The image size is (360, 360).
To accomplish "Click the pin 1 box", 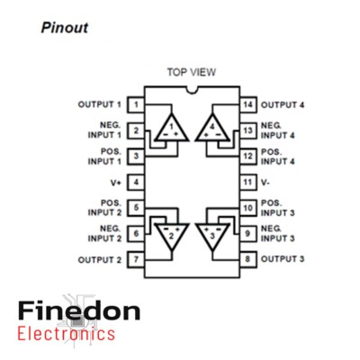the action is coord(136,104).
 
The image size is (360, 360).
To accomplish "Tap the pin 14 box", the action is coord(248,104).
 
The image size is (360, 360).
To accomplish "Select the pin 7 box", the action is coord(136,259).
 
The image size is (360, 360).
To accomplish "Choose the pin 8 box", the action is coord(248,259).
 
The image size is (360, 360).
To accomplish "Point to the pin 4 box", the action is coord(136,182).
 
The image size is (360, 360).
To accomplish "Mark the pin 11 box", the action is coord(248,182).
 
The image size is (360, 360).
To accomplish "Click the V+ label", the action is coord(116,183).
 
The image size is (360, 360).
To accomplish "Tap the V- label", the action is coord(265,183).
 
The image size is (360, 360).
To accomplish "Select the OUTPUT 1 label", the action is coord(100,104).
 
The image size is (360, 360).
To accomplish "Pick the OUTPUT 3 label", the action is coord(283,259).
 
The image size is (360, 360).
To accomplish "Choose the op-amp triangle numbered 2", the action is coord(172,237).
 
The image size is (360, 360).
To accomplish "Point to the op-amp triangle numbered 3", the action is coord(212,237).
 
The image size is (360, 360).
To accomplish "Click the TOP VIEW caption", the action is coord(192,72).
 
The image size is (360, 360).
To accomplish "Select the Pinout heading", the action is coord(65,28).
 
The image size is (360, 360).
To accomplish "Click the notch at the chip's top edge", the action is coord(192,90).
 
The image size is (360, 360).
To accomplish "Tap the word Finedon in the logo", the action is coord(79,310).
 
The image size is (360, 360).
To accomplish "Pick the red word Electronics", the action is coord(67,334).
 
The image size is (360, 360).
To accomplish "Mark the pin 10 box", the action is coord(248,208).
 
